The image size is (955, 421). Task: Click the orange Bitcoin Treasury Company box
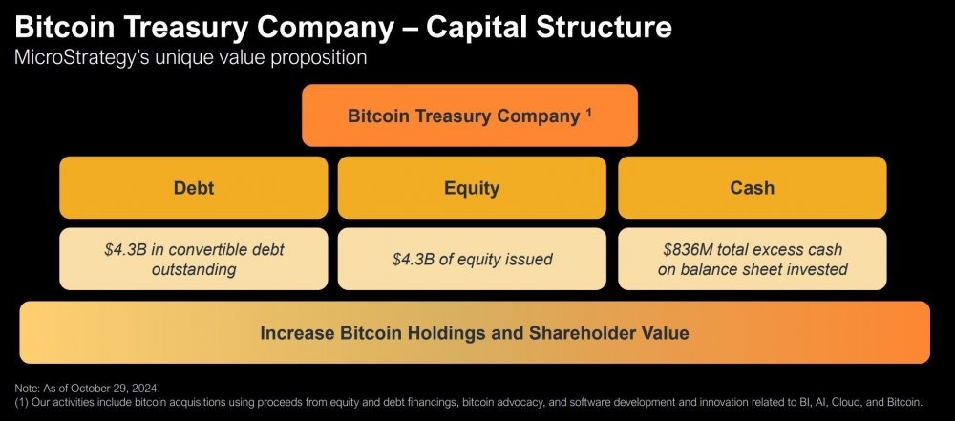click(x=470, y=116)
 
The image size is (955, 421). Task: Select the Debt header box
click(x=194, y=187)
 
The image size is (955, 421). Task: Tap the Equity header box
click(x=472, y=187)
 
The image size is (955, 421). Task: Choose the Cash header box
click(x=753, y=187)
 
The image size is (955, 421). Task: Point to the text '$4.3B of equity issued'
click(x=472, y=259)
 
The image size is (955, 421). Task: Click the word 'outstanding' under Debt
click(x=194, y=269)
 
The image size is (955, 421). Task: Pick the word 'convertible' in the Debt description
click(x=221, y=250)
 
